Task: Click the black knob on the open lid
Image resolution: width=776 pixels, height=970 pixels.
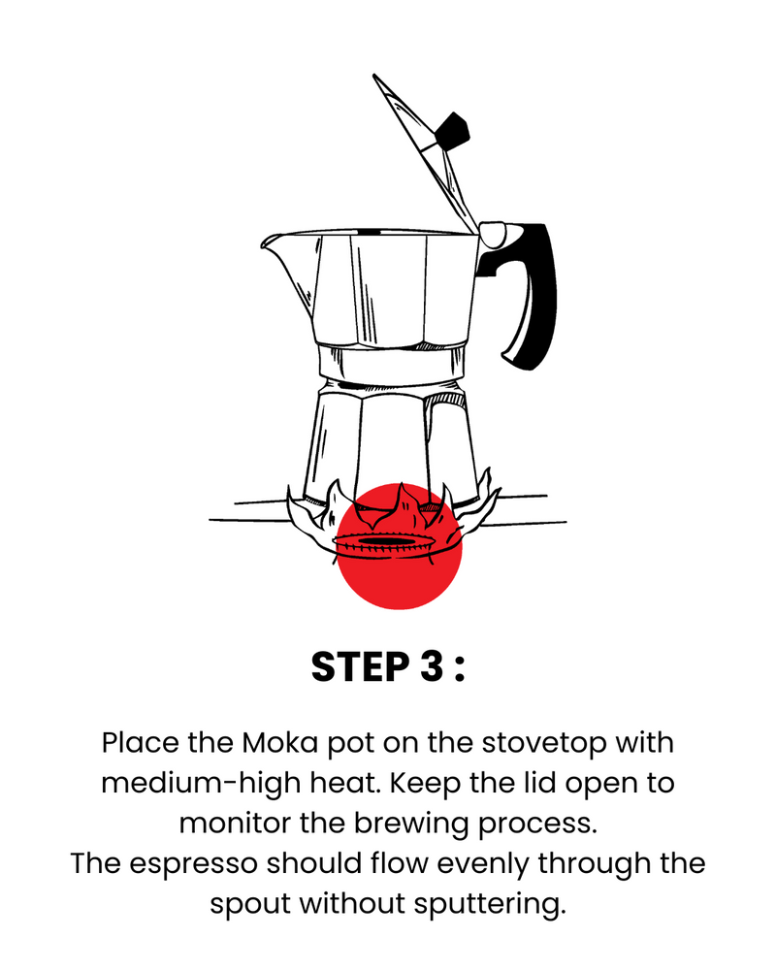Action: point(452,131)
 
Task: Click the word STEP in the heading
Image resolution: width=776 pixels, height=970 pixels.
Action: point(360,667)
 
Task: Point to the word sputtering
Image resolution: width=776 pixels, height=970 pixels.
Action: point(490,905)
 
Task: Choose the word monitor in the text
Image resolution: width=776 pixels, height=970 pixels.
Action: point(235,824)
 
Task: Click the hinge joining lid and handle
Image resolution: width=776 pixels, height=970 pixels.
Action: point(493,235)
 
